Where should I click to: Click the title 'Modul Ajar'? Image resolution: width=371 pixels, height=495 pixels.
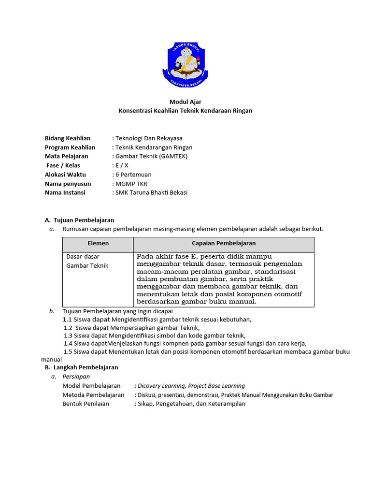point(185,102)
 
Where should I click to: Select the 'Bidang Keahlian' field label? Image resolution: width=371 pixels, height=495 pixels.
point(68,138)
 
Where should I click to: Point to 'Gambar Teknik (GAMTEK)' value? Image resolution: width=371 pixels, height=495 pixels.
point(151,156)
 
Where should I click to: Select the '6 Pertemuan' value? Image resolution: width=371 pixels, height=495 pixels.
point(133,175)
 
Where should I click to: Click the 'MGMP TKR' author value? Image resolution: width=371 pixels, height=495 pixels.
point(131,184)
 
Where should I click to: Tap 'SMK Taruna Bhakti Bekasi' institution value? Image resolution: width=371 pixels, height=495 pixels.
point(151,192)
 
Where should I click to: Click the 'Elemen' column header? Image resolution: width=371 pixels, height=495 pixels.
point(98,243)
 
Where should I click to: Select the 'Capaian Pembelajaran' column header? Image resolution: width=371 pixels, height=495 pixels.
point(224,243)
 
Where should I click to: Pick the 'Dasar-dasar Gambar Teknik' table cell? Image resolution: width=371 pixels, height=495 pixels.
point(87,261)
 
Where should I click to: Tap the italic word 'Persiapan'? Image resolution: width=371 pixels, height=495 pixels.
point(76,377)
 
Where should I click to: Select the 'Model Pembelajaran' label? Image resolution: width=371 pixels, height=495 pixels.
point(92,386)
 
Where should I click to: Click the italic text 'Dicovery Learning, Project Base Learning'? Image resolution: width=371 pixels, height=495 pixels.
point(191,386)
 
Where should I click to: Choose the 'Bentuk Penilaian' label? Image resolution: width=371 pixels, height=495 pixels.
point(86,404)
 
